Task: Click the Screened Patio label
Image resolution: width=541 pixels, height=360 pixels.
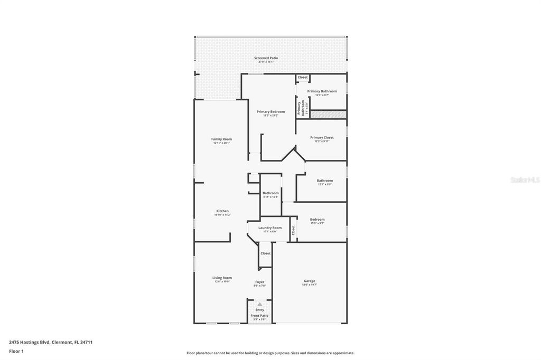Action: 266,58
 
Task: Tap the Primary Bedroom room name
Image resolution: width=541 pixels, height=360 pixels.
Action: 270,111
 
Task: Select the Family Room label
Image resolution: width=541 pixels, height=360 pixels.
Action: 221,139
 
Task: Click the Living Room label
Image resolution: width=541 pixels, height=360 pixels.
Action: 222,278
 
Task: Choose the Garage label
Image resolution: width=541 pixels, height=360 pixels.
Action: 309,281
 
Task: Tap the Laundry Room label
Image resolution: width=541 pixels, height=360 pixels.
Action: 269,228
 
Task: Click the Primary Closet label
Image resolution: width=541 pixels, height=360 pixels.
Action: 322,138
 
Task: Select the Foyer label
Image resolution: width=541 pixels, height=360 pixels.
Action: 259,282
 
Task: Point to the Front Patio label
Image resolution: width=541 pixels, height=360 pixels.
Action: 259,316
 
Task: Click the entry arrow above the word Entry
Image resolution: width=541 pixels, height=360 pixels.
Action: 259,305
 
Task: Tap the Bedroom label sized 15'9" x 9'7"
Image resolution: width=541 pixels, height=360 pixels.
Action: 317,220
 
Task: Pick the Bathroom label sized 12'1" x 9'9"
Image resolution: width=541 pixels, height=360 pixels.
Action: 324,181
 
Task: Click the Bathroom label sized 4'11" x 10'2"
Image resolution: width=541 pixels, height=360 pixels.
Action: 270,193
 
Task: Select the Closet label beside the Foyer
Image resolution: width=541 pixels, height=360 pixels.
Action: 265,253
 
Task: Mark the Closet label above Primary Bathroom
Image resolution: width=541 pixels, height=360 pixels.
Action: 302,78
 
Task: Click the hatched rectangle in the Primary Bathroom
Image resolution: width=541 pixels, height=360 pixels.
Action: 328,114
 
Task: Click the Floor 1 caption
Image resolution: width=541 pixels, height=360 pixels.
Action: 16,351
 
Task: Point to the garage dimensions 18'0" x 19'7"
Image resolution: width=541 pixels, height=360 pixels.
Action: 309,285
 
